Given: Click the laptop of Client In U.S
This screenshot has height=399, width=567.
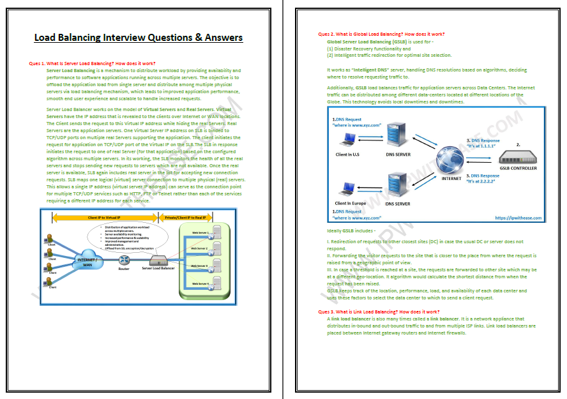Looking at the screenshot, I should (x=350, y=139).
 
